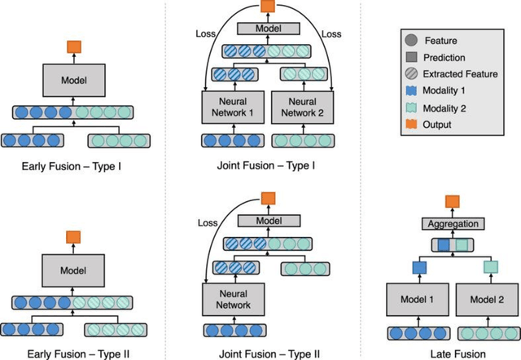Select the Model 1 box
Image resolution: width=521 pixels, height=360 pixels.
tap(414, 300)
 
